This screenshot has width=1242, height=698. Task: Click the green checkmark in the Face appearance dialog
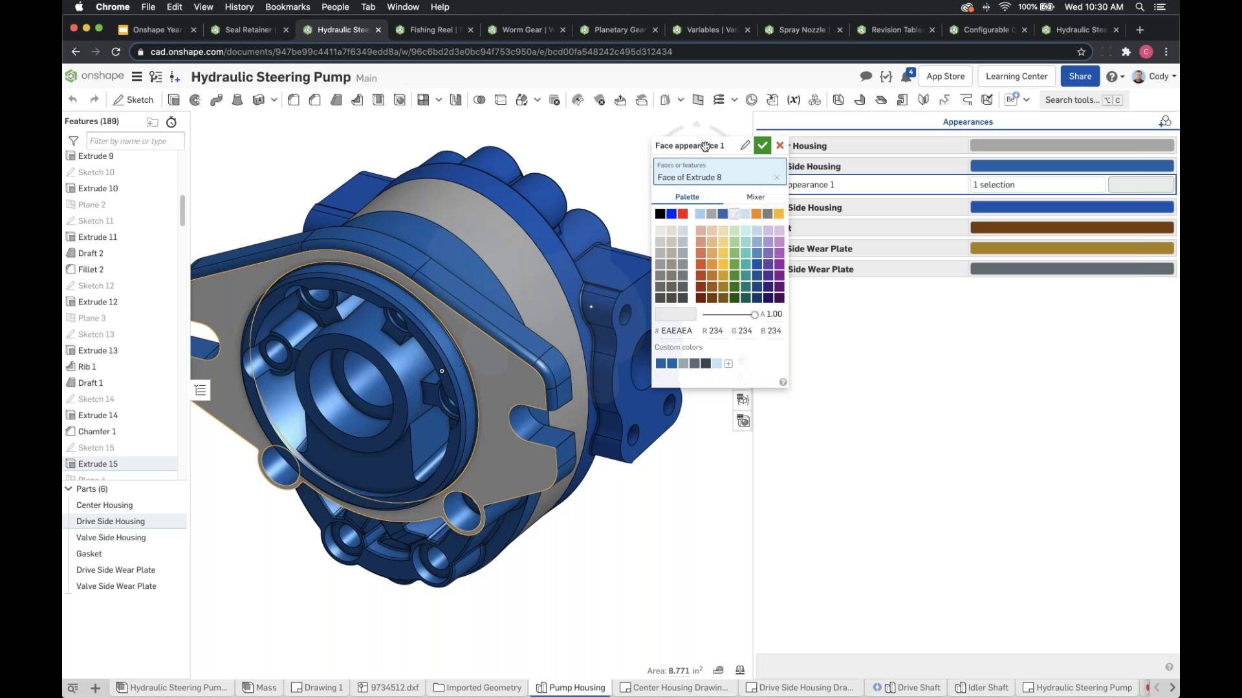[x=762, y=145]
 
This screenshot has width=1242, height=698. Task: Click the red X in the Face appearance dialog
[x=780, y=145]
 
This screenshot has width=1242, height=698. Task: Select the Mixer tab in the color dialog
[x=755, y=197]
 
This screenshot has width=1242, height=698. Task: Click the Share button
[x=1080, y=76]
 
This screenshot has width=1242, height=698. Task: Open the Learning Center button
[x=1016, y=76]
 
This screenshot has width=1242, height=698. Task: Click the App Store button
[x=945, y=76]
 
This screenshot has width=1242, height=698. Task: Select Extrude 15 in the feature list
[x=98, y=464]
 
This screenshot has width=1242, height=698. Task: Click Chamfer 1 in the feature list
[x=97, y=432]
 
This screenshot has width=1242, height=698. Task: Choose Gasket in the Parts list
[x=89, y=554]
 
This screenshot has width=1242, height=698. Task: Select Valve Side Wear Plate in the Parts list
[x=116, y=586]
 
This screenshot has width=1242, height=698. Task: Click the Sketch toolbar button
[x=133, y=100]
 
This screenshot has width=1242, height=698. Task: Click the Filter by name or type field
[x=135, y=141]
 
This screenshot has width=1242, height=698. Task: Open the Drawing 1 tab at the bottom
[x=318, y=688]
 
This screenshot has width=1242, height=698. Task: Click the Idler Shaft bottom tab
[x=982, y=688]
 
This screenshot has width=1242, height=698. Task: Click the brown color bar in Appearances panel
[x=1071, y=227]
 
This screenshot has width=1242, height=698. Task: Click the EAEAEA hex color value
[x=676, y=331]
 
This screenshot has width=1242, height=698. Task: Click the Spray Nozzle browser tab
[x=801, y=30]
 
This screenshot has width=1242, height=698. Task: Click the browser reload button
[x=116, y=52]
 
